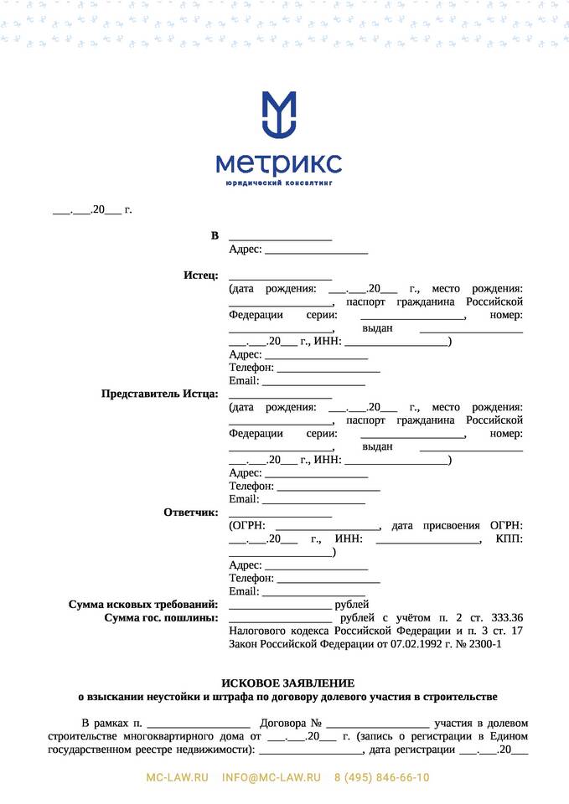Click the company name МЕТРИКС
(278, 162)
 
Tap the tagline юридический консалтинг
(278, 182)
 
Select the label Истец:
(201, 276)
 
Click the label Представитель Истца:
(159, 394)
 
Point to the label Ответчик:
(191, 512)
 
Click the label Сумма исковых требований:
(142, 604)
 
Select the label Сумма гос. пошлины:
(161, 617)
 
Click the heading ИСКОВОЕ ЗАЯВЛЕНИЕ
(287, 683)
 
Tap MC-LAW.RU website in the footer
(178, 777)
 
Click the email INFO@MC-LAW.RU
(272, 777)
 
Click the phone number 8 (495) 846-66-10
(381, 777)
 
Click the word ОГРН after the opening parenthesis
(248, 525)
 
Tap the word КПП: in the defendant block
(510, 539)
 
